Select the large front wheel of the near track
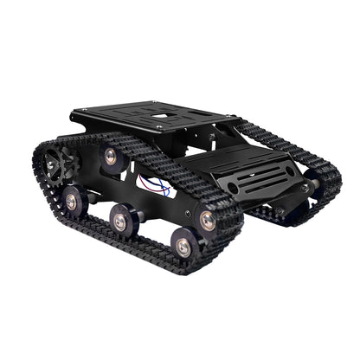[208, 220]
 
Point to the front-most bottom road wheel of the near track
[183, 247]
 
